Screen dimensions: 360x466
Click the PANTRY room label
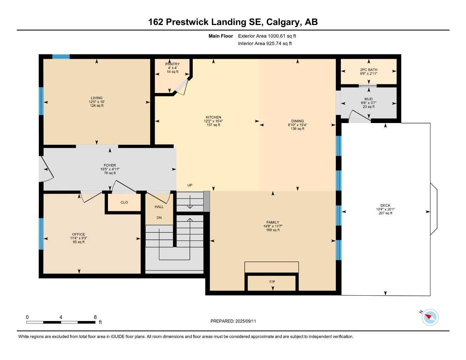click(172, 64)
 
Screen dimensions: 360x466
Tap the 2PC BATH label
click(369, 70)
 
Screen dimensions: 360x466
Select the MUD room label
click(369, 99)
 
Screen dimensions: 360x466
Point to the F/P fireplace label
click(272, 282)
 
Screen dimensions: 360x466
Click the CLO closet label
click(124, 202)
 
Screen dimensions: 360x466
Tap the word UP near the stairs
click(190, 185)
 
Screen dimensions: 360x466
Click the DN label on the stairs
click(159, 218)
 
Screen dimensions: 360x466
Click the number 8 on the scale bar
click(95, 317)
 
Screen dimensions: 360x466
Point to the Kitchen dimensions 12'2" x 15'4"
click(213, 121)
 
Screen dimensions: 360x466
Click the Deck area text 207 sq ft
click(385, 213)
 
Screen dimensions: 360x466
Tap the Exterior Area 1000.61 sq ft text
click(267, 36)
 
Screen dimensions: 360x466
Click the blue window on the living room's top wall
click(61, 57)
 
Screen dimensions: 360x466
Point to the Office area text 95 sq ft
click(78, 242)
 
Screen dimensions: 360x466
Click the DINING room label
click(297, 121)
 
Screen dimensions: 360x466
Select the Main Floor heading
click(221, 36)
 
